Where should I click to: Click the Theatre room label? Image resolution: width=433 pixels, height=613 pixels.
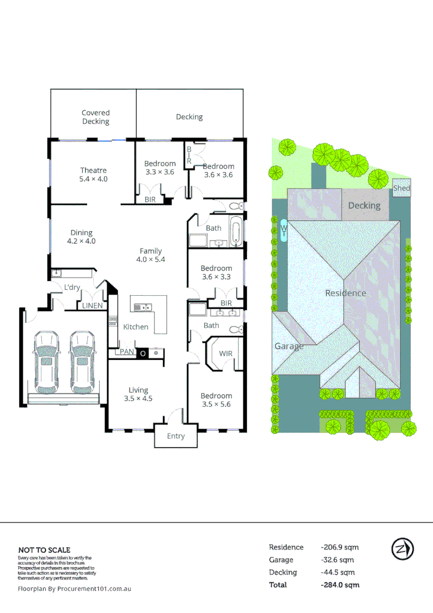(x=93, y=170)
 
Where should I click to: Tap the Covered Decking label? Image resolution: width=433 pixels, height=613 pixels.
(x=95, y=117)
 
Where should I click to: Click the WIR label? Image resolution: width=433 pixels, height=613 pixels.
(x=225, y=354)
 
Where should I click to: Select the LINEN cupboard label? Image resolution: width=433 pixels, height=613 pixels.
(x=93, y=306)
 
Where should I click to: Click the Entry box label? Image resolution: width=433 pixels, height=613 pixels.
(x=175, y=436)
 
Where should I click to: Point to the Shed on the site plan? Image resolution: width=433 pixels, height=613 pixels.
(x=401, y=188)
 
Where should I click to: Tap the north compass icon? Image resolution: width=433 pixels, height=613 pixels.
(x=402, y=549)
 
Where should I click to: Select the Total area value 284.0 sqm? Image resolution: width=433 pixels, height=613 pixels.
(x=340, y=585)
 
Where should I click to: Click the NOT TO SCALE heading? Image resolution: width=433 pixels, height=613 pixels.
(x=44, y=549)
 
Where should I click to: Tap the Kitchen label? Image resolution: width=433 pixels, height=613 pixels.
(x=136, y=327)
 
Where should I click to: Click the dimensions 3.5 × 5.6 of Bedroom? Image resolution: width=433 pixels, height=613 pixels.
(x=216, y=404)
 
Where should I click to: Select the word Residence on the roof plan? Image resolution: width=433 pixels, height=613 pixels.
(x=346, y=293)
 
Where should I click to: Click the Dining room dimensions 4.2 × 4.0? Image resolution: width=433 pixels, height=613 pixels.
(x=82, y=241)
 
